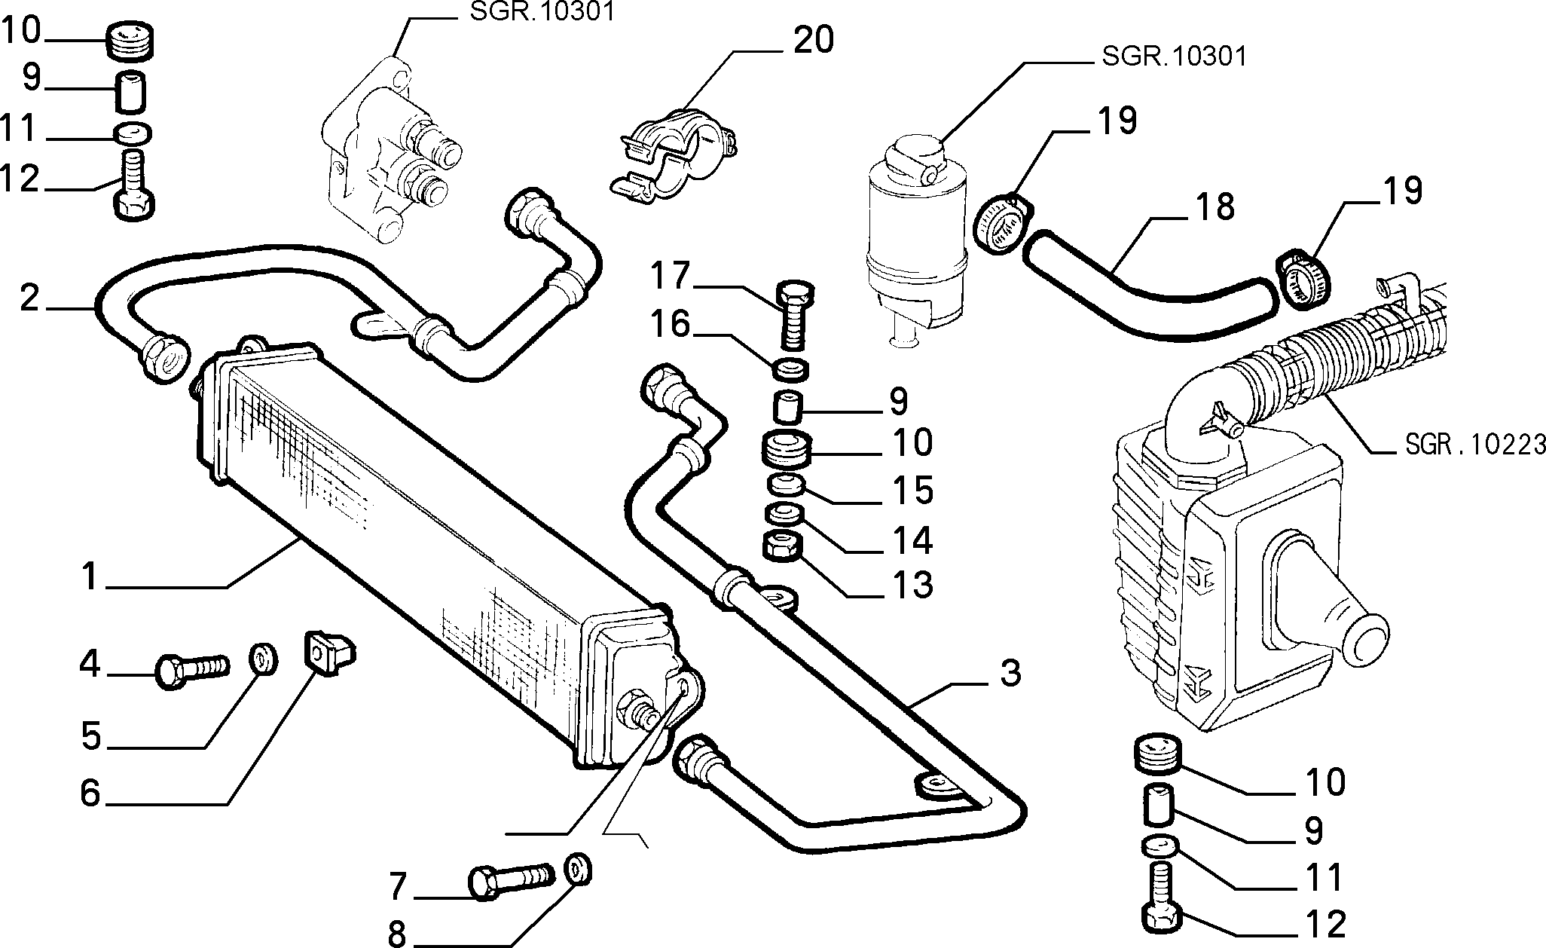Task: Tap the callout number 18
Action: pos(1213,206)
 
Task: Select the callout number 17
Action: pos(671,276)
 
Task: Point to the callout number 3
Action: pos(1010,673)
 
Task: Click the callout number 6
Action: pos(90,793)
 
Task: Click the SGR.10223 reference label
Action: pos(1475,445)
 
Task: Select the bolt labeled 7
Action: pos(512,879)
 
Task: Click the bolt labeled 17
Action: pos(793,314)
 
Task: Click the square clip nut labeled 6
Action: pos(330,652)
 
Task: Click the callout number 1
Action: pos(90,577)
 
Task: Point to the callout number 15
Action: pos(912,491)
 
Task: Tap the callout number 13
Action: pos(912,586)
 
